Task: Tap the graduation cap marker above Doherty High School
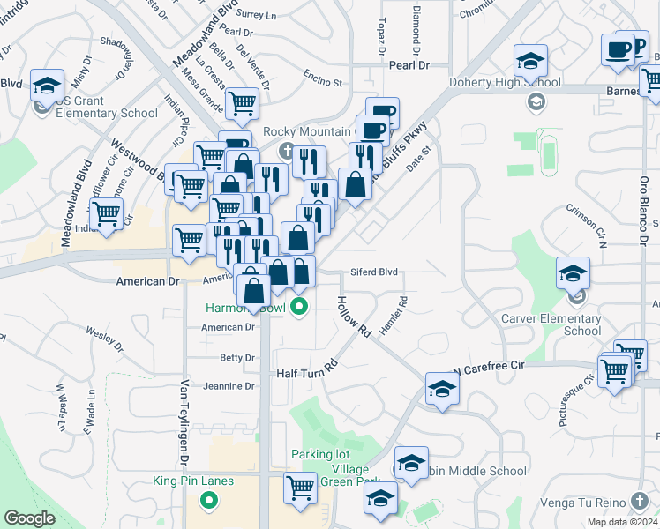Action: (x=530, y=62)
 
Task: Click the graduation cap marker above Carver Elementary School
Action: (x=574, y=274)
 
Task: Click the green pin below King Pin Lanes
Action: (x=209, y=501)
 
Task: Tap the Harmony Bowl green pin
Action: (x=300, y=308)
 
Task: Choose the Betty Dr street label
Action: (x=237, y=357)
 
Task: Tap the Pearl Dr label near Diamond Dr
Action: (x=410, y=65)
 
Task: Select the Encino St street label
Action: (x=322, y=82)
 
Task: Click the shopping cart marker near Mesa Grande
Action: (x=242, y=104)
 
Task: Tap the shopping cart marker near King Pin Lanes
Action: (x=301, y=487)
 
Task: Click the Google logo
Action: (x=29, y=518)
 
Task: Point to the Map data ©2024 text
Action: (x=623, y=522)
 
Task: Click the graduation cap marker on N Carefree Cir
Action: (x=442, y=389)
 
